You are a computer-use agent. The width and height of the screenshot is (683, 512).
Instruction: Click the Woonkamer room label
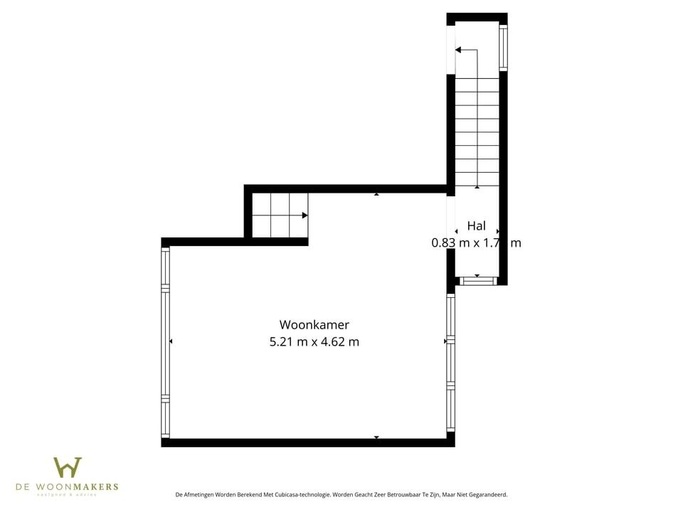(314, 325)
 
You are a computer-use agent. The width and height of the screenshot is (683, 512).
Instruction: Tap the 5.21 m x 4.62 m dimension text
(314, 342)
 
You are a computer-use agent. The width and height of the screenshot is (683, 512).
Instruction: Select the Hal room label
(476, 226)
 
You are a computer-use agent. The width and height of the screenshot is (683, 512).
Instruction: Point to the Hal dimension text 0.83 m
(450, 242)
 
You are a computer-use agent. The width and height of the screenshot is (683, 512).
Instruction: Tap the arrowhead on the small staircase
(305, 215)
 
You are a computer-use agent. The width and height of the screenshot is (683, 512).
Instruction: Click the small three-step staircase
(280, 215)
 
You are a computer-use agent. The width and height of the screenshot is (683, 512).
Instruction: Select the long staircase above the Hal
(476, 132)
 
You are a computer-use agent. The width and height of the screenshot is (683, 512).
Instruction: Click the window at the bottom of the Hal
(477, 281)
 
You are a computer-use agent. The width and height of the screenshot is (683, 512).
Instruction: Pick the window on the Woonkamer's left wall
(166, 342)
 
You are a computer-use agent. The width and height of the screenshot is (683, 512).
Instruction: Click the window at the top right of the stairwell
(503, 48)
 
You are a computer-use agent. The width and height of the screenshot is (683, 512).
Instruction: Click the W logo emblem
(68, 468)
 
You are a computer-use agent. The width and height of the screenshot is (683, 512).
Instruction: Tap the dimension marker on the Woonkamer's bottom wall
(376, 437)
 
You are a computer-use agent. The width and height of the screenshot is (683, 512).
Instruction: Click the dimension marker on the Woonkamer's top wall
(376, 193)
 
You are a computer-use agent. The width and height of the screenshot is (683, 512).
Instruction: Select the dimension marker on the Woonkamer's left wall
(171, 342)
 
